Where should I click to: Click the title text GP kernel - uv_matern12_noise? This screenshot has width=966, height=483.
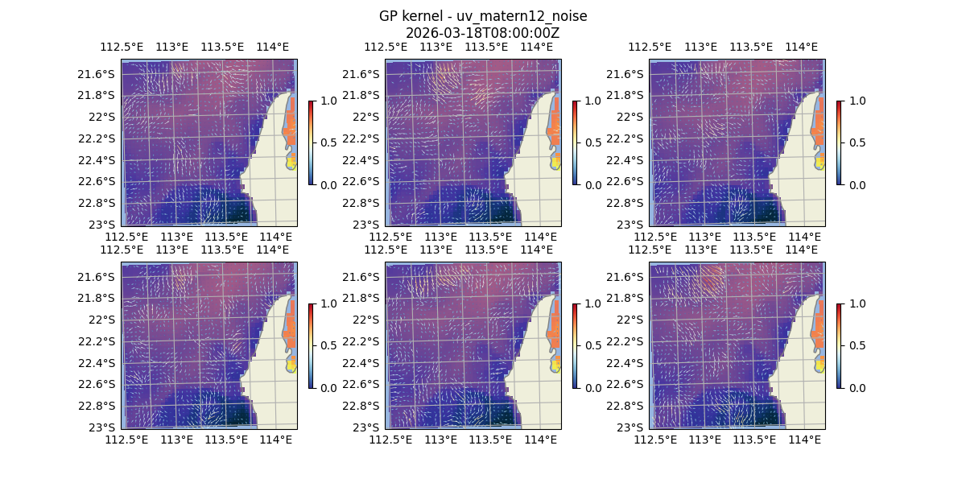coord(483,16)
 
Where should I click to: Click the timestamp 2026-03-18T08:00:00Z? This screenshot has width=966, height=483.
coord(483,33)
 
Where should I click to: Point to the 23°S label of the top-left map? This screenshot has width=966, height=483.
coord(105,224)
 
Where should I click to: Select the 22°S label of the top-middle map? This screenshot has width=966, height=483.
coord(369,117)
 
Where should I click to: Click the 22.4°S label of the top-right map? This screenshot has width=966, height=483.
coord(629,159)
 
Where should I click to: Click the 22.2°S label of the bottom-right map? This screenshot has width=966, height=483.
coord(629,341)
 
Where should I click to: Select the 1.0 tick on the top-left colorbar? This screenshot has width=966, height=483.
coord(328,101)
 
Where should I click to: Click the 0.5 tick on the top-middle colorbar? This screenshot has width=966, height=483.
coord(592,142)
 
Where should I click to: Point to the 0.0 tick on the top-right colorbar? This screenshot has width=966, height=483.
coord(857,184)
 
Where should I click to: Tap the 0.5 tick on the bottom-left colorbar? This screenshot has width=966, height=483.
coord(328,345)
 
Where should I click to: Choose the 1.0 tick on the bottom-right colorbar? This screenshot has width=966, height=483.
coord(857,303)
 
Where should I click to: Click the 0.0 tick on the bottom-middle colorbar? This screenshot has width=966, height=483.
coord(592,387)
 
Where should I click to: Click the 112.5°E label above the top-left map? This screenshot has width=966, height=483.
coord(127,47)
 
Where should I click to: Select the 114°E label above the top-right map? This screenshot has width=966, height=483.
coord(801,47)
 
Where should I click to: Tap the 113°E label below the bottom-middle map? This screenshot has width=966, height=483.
coord(440,440)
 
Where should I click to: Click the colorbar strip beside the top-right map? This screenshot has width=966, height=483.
coord(840,142)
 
